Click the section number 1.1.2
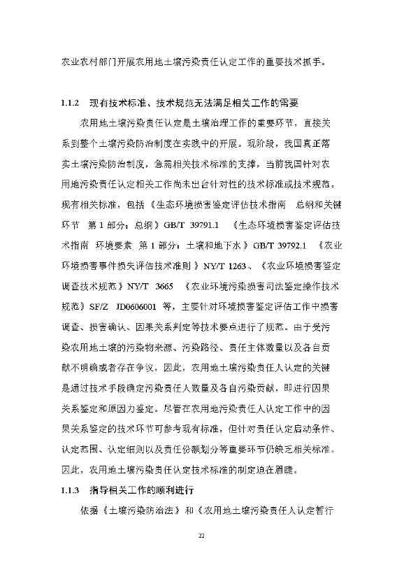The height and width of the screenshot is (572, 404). click(72, 103)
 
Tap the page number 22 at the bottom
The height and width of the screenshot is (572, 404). click(201, 536)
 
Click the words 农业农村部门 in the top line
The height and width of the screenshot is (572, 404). click(87, 62)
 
